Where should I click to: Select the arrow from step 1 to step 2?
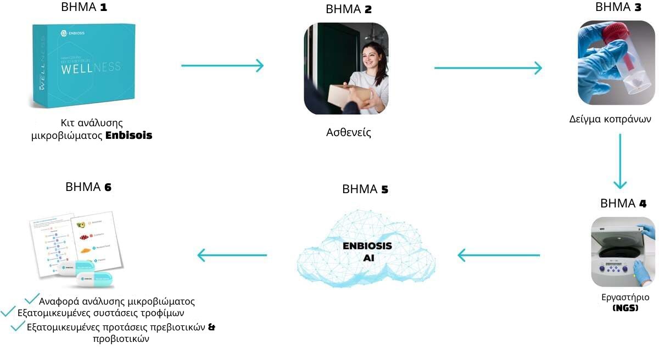[222, 66]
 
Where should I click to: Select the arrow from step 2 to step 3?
[488, 68]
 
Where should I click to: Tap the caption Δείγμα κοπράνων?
[610, 119]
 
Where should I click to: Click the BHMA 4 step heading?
[623, 204]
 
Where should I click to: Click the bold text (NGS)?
[625, 308]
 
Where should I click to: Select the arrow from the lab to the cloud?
[499, 255]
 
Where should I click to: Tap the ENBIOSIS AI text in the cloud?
[367, 251]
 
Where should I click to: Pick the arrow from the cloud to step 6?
[232, 255]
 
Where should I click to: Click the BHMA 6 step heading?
[88, 187]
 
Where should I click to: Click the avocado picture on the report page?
[81, 224]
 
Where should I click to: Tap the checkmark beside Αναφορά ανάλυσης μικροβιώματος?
[31, 299]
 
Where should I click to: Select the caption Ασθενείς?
[348, 132]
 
